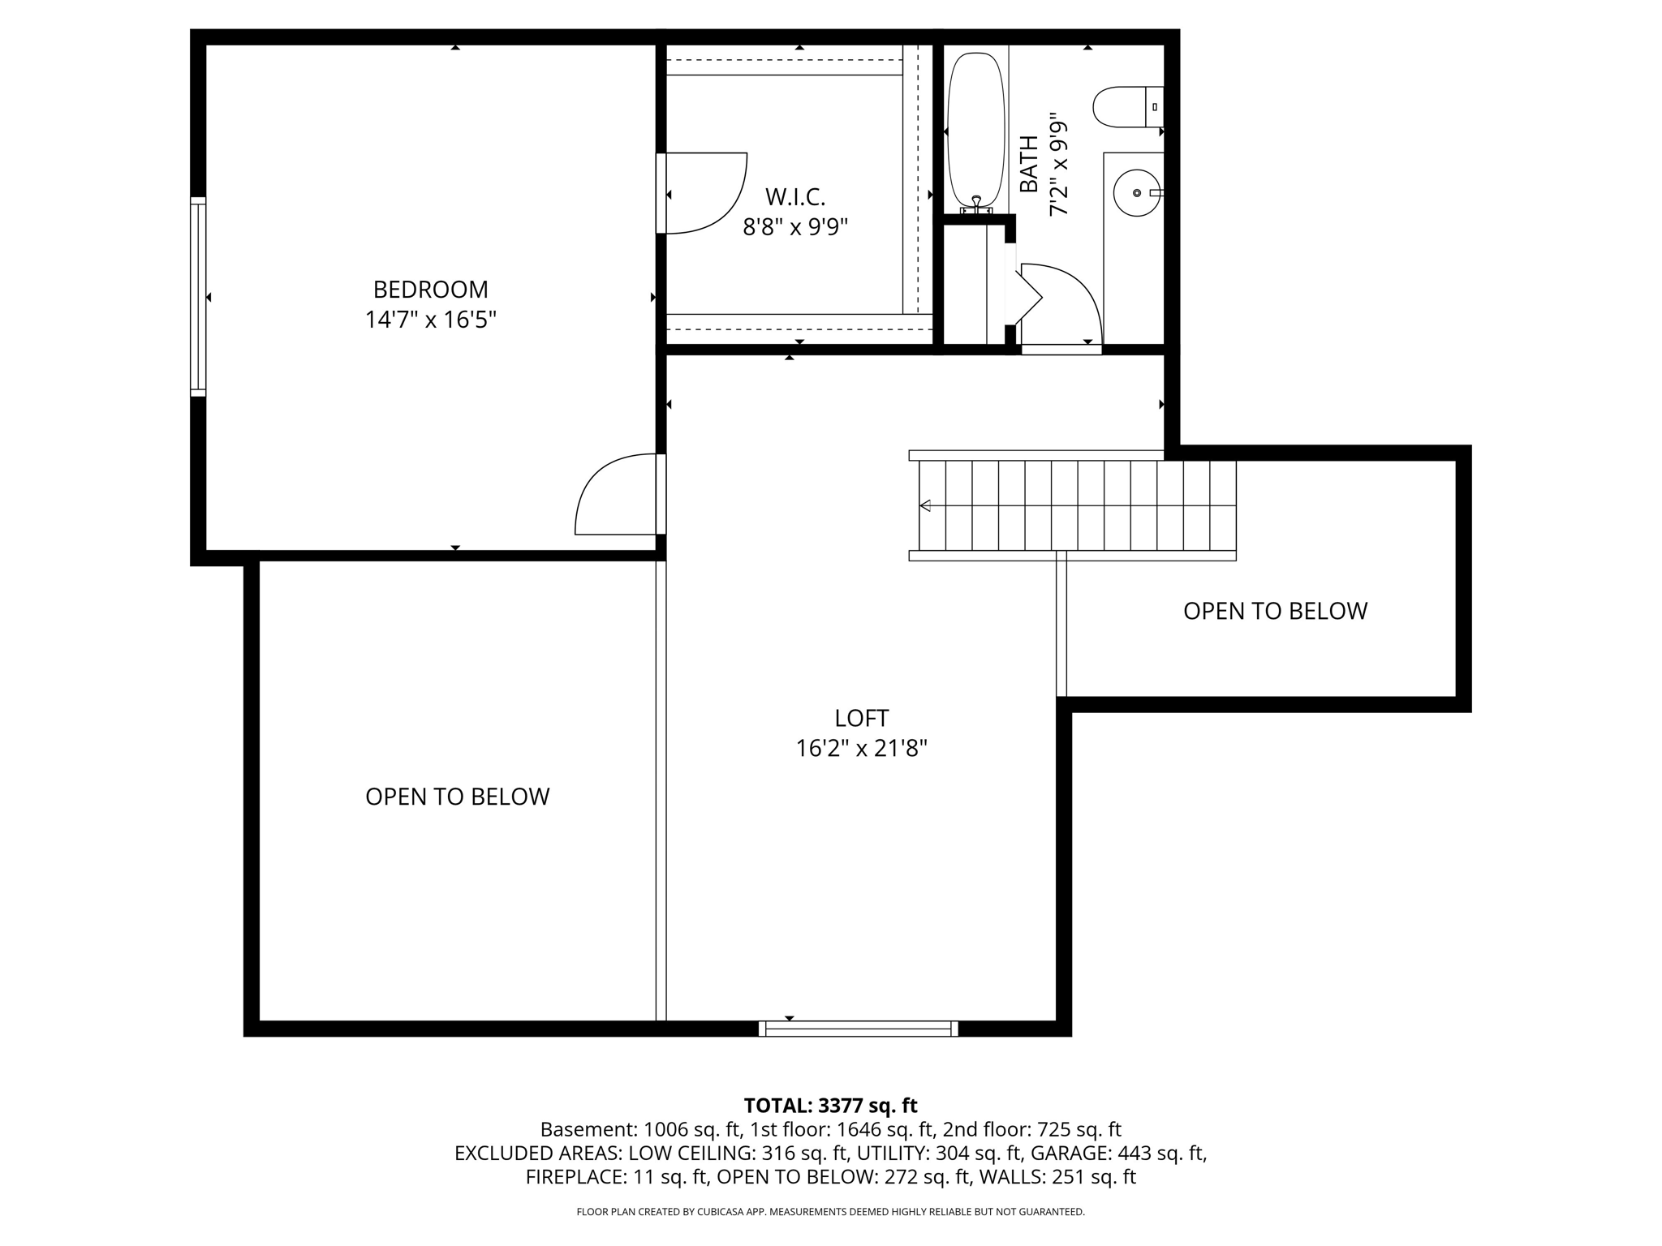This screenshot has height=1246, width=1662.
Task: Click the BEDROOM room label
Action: point(430,290)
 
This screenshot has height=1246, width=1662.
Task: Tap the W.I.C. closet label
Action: point(795,197)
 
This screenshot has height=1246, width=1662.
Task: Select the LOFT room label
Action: point(861,718)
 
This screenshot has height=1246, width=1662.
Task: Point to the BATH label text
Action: point(1028,164)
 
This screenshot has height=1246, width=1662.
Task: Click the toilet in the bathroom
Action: point(1128,107)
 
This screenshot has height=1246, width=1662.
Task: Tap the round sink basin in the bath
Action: point(1136,193)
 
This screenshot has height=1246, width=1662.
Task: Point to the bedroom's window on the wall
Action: point(198,296)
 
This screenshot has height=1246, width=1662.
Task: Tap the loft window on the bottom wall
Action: point(858,1029)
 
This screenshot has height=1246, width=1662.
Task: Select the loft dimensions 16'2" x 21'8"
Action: point(861,748)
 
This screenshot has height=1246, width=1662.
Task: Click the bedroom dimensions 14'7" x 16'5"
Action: point(430,320)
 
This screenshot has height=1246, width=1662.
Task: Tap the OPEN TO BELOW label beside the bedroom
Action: point(458,797)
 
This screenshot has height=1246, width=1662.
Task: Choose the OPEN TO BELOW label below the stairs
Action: point(1275,611)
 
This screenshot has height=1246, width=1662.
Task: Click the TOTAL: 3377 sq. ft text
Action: point(830,1105)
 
